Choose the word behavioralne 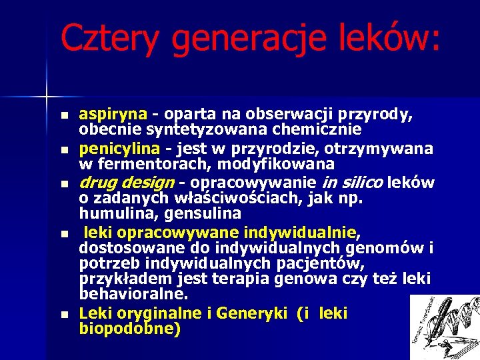pyautogui.click(x=133, y=294)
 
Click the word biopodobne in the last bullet pyautogui.click(x=128, y=328)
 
